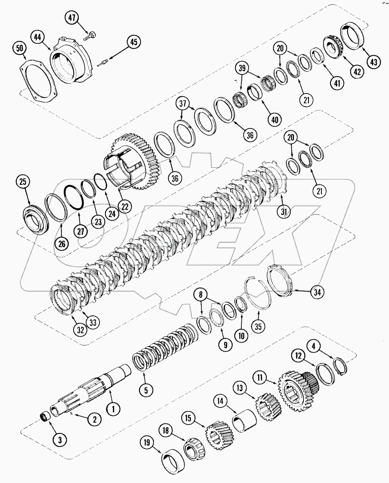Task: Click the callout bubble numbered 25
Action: pyautogui.click(x=23, y=182)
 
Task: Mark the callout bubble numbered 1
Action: pyautogui.click(x=113, y=407)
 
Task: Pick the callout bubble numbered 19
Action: pyautogui.click(x=147, y=442)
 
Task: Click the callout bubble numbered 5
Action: pyautogui.click(x=146, y=390)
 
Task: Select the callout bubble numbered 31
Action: pyautogui.click(x=284, y=213)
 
